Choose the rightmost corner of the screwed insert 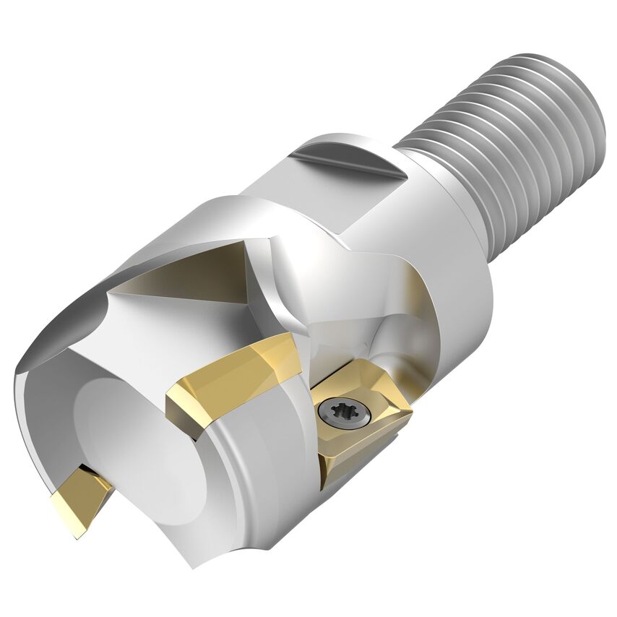coord(413,414)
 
